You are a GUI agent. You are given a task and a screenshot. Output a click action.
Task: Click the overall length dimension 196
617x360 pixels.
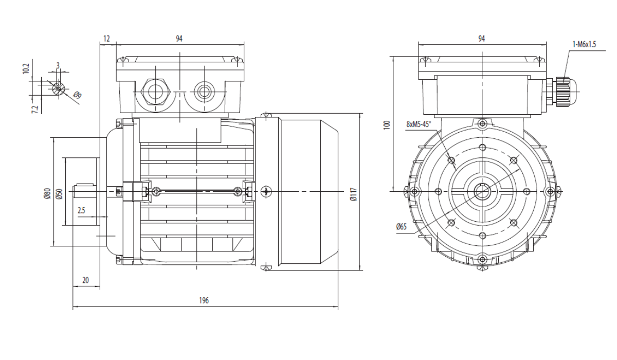pos(204,300)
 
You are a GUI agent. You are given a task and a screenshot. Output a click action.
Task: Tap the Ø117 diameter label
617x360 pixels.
pos(354,194)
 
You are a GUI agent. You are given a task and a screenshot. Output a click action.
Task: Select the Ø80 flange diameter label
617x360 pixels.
pos(47,193)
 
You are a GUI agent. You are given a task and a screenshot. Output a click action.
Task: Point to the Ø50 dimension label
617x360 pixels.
pos(59,194)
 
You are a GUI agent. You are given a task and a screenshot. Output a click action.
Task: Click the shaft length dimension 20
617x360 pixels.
pos(85,280)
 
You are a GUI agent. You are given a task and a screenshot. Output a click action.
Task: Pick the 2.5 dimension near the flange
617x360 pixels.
pos(81,211)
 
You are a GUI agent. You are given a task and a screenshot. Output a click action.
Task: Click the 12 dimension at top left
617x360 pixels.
pos(106,39)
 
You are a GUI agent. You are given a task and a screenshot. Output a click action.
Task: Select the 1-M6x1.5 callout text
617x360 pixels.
pos(584,44)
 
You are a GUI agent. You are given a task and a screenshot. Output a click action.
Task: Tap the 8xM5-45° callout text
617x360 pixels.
pos(419,124)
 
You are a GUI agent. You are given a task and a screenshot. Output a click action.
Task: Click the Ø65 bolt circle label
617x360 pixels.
pos(402,227)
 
